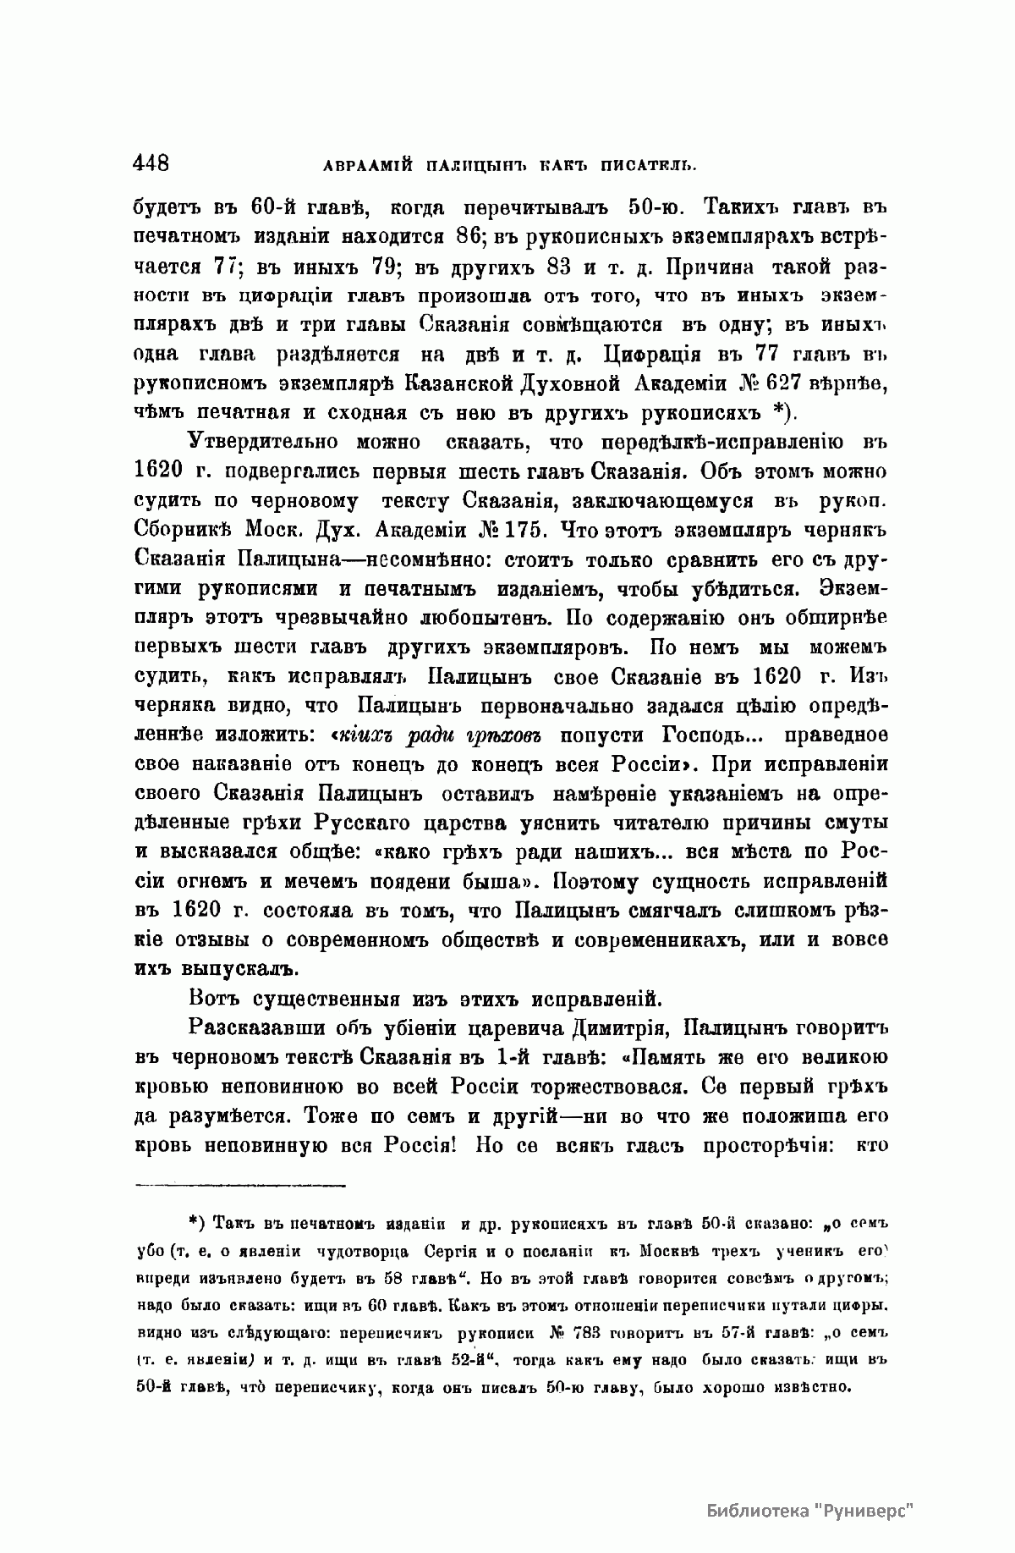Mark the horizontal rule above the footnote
240,1184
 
